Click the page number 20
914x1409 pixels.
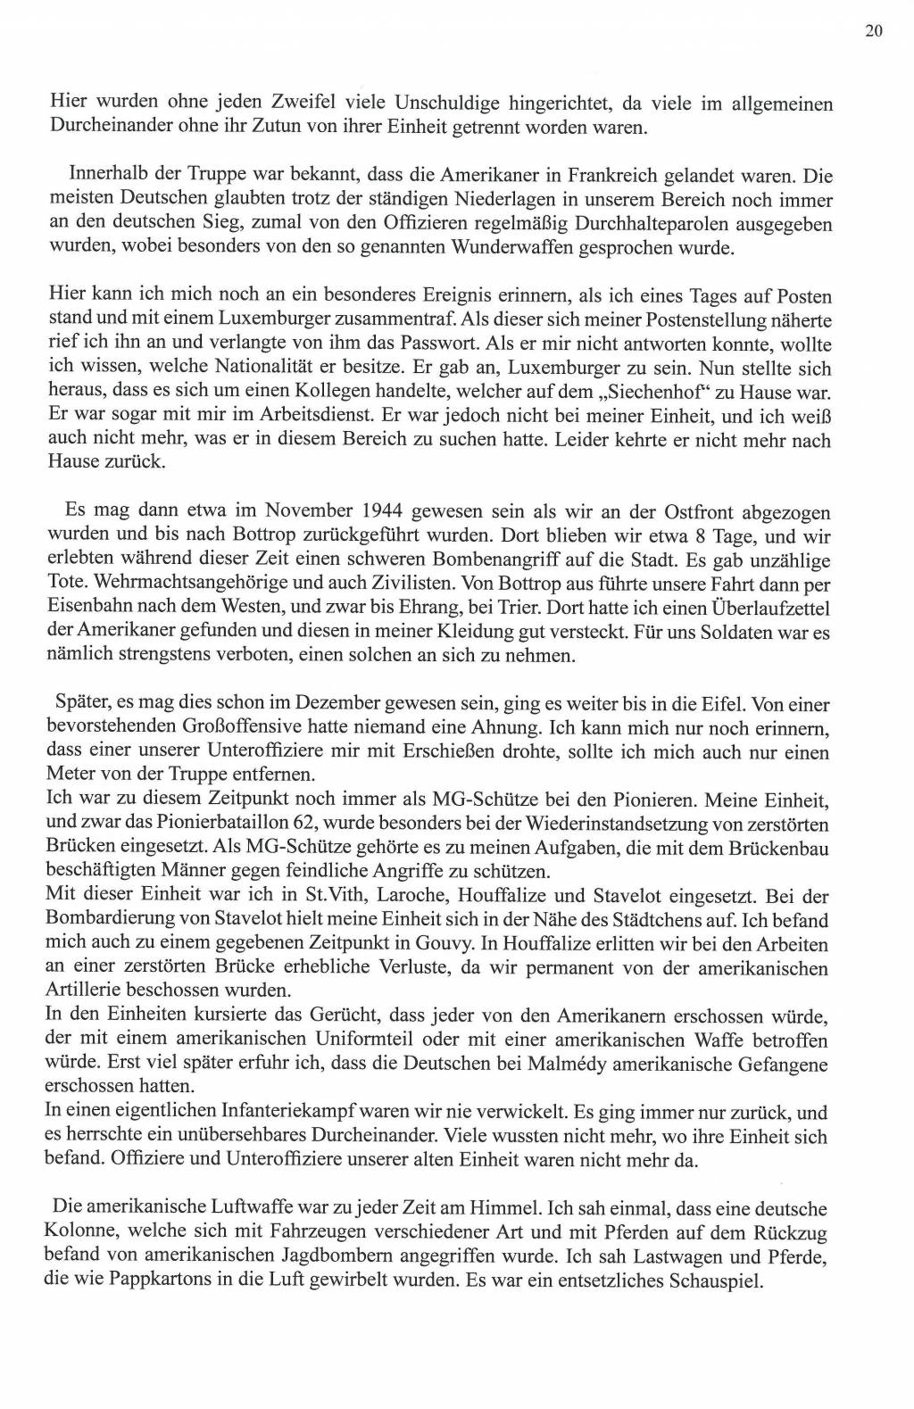pyautogui.click(x=873, y=32)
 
